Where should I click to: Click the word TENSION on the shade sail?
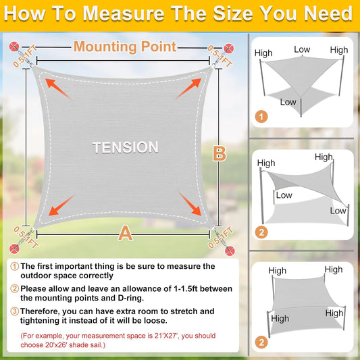[126, 147]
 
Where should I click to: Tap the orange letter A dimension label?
[125, 233]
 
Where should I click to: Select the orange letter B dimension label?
[219, 153]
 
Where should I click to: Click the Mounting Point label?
[125, 47]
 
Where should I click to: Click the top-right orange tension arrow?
[190, 87]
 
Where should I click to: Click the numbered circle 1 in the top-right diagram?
[261, 117]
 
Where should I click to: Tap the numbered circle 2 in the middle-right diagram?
[261, 232]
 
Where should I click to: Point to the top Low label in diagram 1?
[302, 49]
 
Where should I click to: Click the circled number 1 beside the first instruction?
[14, 266]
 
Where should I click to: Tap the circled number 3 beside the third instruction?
[14, 311]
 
